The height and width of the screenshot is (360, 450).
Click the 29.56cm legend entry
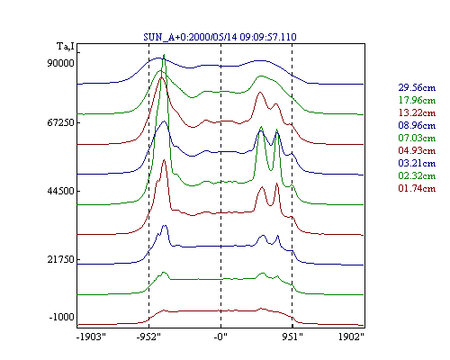417,87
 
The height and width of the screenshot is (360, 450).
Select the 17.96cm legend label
417,100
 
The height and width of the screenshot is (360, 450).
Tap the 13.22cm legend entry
417,112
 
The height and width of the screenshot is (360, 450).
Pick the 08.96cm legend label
417,125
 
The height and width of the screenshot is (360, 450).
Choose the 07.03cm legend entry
417,138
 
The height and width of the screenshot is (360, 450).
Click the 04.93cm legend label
417,150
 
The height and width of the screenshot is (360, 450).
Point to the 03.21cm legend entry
417,163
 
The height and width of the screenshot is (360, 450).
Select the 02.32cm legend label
417,175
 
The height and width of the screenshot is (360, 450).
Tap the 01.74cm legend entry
417,188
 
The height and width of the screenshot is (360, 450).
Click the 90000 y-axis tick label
60,63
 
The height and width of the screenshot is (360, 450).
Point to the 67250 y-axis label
60,122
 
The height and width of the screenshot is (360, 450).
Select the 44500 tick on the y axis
60,191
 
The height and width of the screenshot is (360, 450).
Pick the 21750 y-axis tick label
60,259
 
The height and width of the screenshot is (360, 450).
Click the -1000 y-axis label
61,317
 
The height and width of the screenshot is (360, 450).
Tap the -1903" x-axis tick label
91,337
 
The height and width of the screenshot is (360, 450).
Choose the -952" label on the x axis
148,337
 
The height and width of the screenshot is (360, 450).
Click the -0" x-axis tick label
220,337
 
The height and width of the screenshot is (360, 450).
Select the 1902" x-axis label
351,337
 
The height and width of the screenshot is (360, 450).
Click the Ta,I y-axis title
66,47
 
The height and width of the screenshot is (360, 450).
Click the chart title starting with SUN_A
220,37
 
